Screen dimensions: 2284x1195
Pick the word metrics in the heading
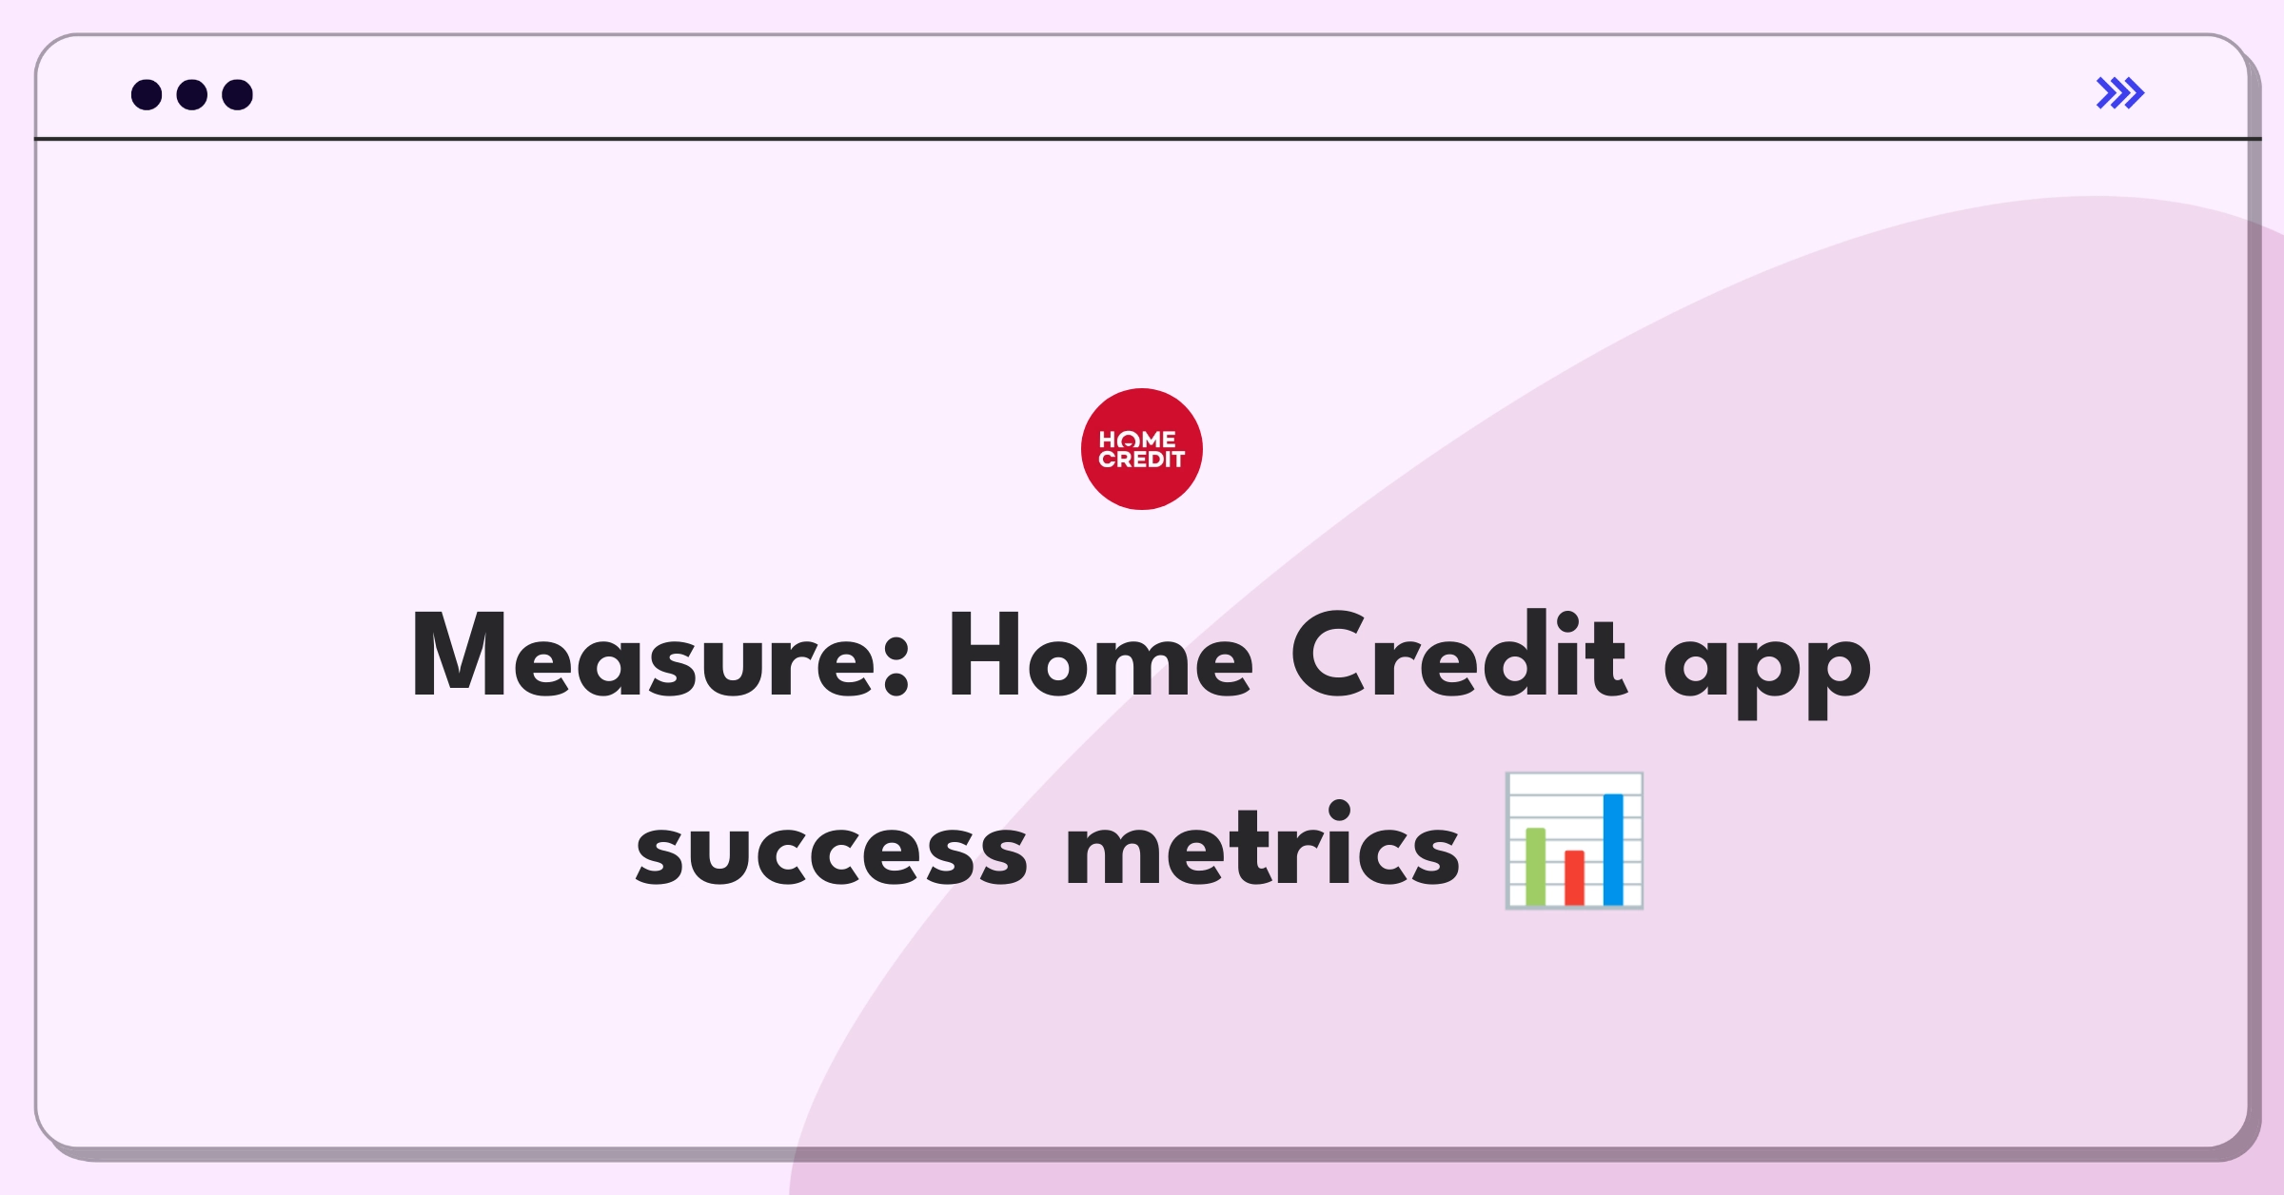tap(1262, 842)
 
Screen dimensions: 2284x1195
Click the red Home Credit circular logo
tap(1142, 449)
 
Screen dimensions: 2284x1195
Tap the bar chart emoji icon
tap(1574, 841)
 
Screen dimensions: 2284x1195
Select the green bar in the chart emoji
tap(1535, 867)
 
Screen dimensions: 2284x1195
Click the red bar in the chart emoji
tap(1574, 878)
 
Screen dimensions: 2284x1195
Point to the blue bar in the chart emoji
tap(1613, 850)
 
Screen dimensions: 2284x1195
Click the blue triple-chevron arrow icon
tap(2120, 93)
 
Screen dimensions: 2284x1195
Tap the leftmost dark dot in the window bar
tap(147, 94)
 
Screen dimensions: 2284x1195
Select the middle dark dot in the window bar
tap(192, 94)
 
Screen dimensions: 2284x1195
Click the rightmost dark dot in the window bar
tap(238, 94)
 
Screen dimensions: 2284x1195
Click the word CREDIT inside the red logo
tap(1142, 460)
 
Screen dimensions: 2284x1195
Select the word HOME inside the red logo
tap(1138, 440)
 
